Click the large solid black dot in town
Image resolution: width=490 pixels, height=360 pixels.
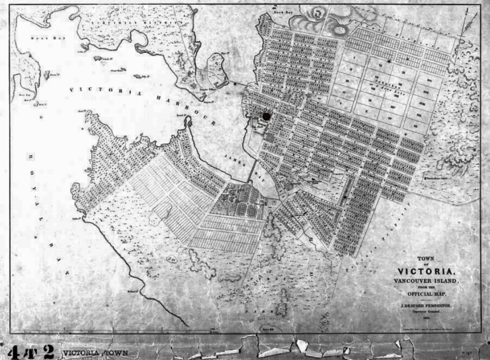[266, 116]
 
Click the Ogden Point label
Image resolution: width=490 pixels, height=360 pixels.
[77, 218]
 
